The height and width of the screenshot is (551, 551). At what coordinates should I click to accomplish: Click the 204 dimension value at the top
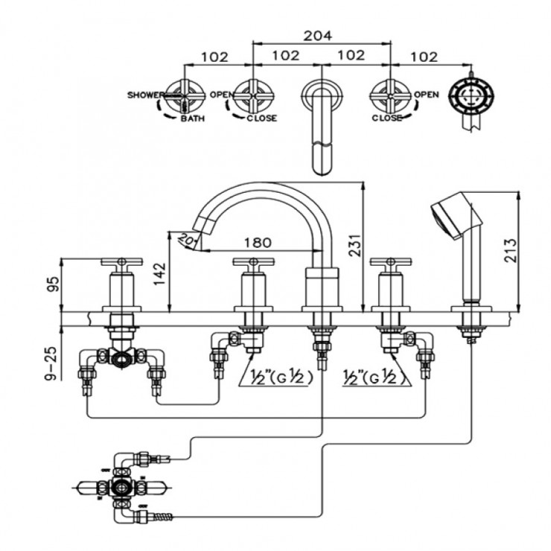point(317,35)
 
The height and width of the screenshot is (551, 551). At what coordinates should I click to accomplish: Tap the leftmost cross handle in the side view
point(121,263)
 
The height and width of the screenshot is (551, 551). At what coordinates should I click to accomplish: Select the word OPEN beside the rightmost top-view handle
point(426,95)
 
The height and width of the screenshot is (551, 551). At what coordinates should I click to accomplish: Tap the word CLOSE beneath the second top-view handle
point(261,118)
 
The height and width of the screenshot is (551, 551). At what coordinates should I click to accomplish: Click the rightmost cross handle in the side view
point(391,263)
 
